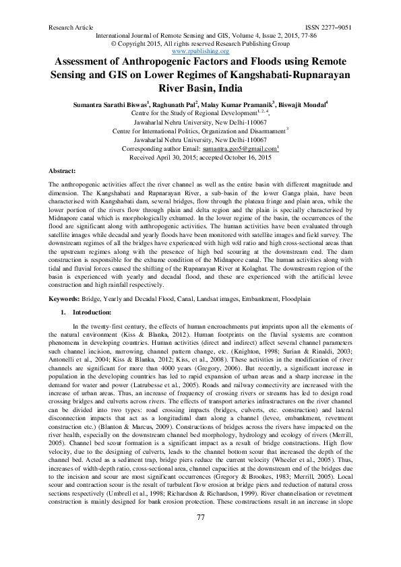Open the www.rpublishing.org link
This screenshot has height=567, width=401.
coord(201,51)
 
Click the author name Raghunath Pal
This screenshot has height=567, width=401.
coord(175,105)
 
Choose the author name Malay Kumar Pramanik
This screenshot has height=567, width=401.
coord(238,105)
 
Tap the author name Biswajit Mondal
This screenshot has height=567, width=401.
coord(301,105)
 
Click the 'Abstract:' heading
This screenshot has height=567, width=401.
coord(62,172)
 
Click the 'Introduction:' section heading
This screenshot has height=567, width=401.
coord(91,312)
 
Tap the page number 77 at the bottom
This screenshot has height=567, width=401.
coord(200,535)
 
